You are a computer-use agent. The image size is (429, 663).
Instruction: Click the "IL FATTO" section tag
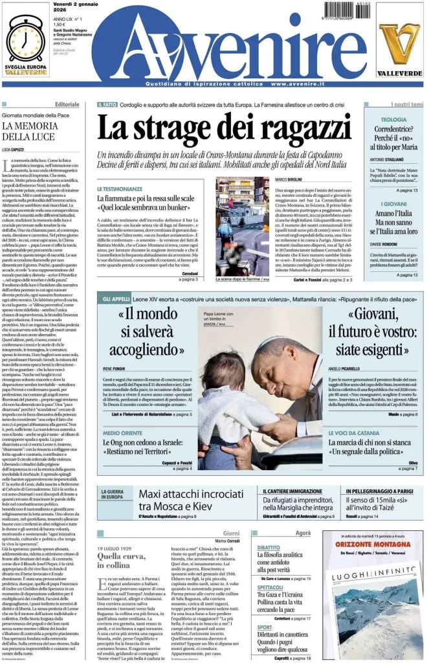(107, 105)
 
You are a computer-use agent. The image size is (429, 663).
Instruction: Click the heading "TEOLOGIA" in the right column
(393, 120)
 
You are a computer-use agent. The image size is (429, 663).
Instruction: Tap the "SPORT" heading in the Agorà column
(265, 627)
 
